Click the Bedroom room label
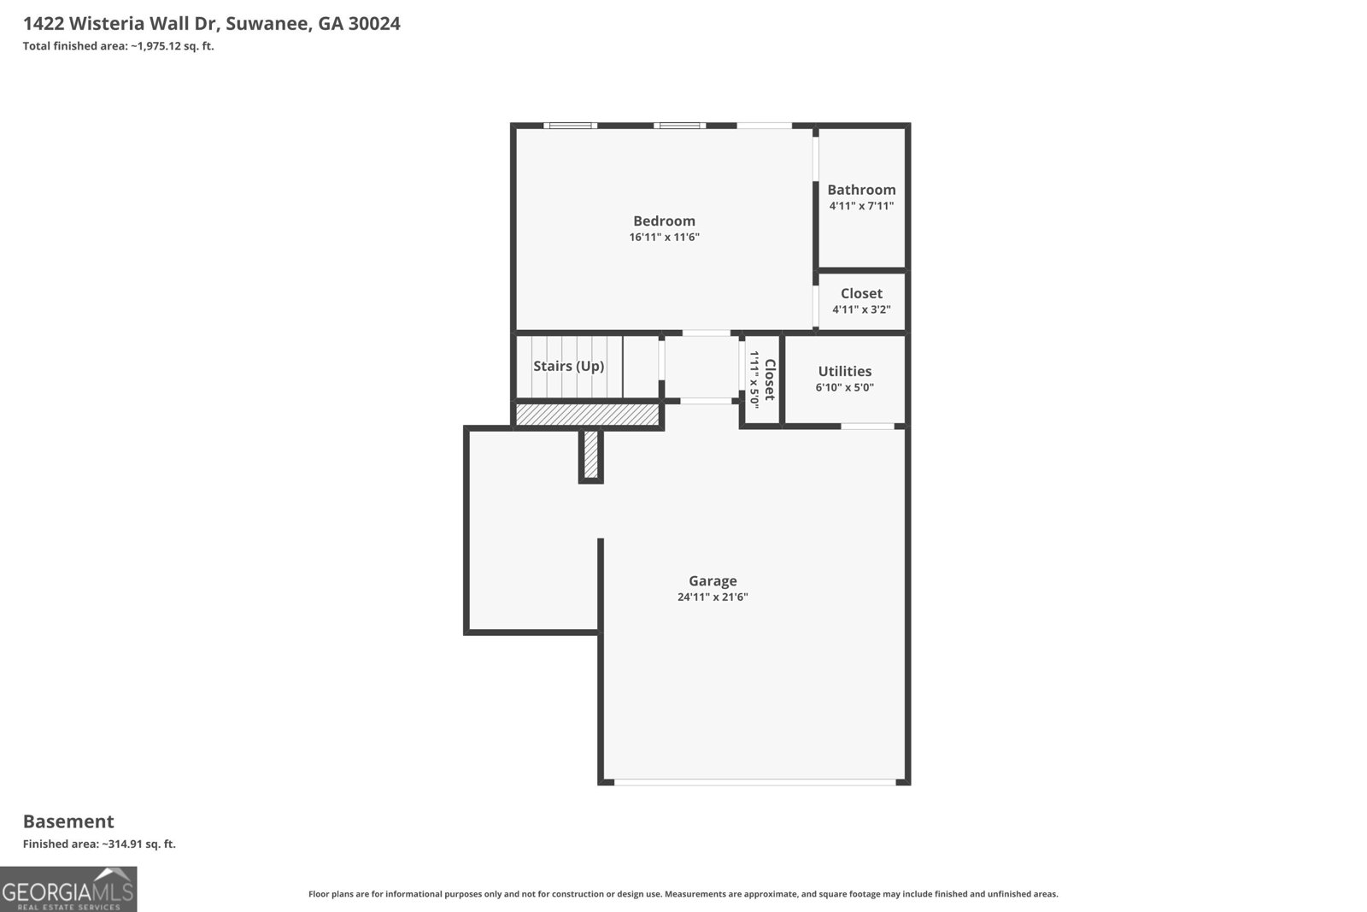[664, 221]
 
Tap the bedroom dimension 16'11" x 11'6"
[664, 238]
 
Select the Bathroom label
[861, 190]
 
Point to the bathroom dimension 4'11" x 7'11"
[861, 206]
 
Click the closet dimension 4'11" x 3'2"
[861, 309]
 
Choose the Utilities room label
[844, 371]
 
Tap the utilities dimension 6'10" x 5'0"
[844, 387]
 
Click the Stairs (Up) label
[568, 366]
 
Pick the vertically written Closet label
[769, 380]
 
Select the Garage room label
[713, 581]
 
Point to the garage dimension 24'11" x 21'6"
[713, 597]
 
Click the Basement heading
[68, 821]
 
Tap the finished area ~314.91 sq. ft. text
[99, 844]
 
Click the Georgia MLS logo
[68, 889]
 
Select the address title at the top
[211, 24]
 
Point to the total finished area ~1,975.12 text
[118, 46]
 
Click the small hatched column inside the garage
[590, 455]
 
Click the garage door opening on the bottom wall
[755, 781]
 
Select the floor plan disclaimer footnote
[683, 894]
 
